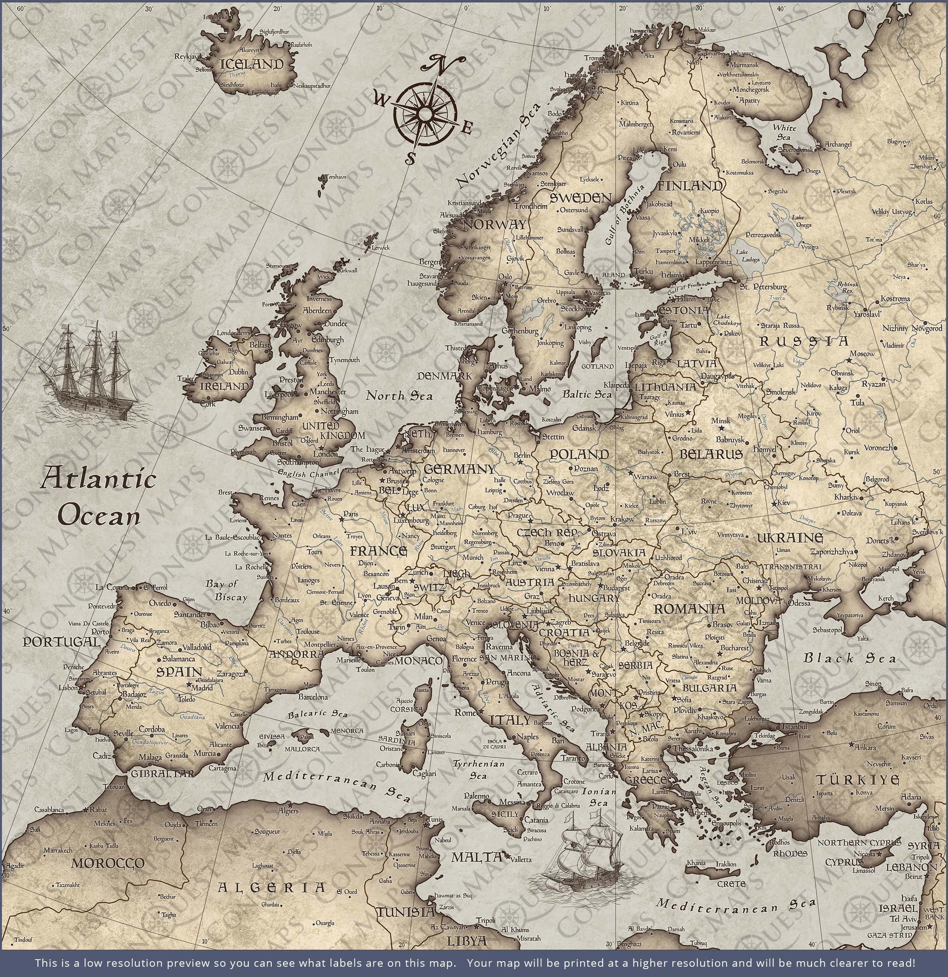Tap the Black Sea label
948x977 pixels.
pos(849,658)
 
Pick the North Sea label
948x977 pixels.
pos(399,396)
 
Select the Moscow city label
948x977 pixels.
pos(862,353)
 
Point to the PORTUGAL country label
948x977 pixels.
pos(61,642)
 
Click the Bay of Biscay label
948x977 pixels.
pos(227,590)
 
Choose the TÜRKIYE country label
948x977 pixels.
pos(857,780)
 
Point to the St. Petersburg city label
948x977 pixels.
pos(763,287)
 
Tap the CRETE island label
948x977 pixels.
pos(731,884)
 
